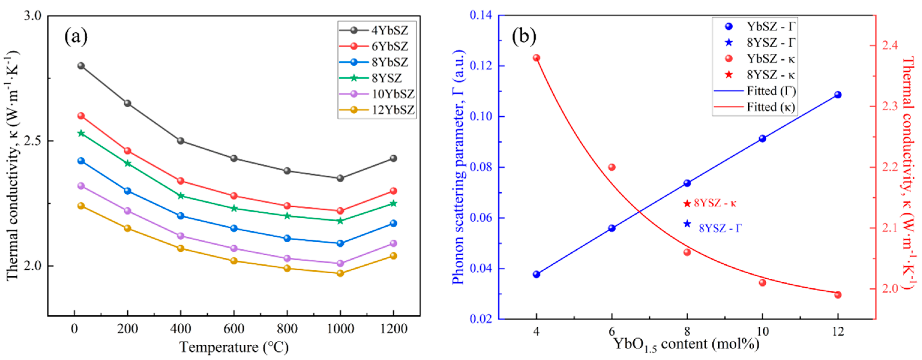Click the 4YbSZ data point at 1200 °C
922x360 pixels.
tap(393, 158)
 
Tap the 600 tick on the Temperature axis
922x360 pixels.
tap(234, 329)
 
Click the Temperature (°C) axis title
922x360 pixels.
tap(234, 347)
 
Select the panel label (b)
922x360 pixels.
tap(524, 36)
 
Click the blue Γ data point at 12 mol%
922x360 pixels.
tap(838, 95)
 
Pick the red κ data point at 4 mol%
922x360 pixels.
tap(536, 58)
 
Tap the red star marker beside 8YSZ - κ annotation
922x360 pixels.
tap(687, 203)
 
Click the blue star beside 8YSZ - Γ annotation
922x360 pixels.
tap(687, 224)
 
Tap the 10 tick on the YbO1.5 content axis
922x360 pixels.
tap(762, 331)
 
